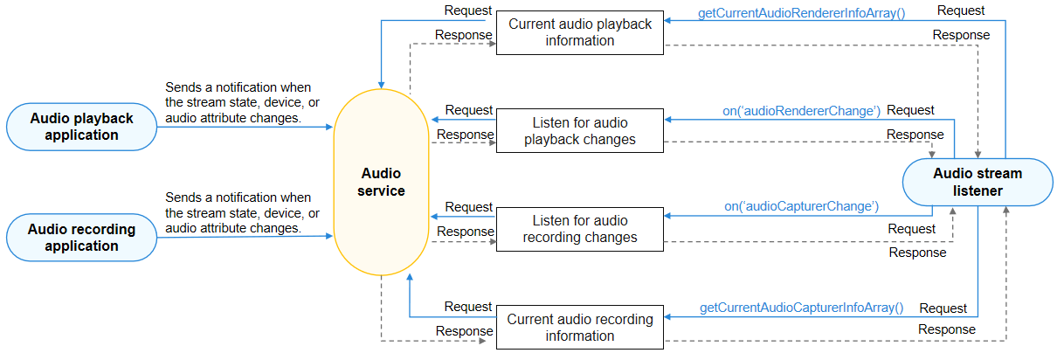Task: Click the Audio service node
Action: point(381,182)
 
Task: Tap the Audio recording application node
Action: point(81,238)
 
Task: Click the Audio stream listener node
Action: point(977,182)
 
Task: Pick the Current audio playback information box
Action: point(580,32)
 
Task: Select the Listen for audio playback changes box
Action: point(580,131)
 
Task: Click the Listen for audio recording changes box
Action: point(580,229)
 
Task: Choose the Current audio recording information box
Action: point(580,328)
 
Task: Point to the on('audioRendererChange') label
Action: point(801,111)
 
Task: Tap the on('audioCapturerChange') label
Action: point(801,207)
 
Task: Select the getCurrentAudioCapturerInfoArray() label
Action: point(801,308)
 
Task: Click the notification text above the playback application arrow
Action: point(238,102)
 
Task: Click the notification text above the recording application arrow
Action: point(238,212)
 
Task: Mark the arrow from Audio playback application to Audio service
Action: point(245,128)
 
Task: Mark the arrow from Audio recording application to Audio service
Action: point(245,237)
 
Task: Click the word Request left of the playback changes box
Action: point(469,110)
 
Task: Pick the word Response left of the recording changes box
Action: point(465,232)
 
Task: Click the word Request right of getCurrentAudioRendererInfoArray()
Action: point(960,11)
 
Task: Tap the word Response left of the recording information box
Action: point(465,331)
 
